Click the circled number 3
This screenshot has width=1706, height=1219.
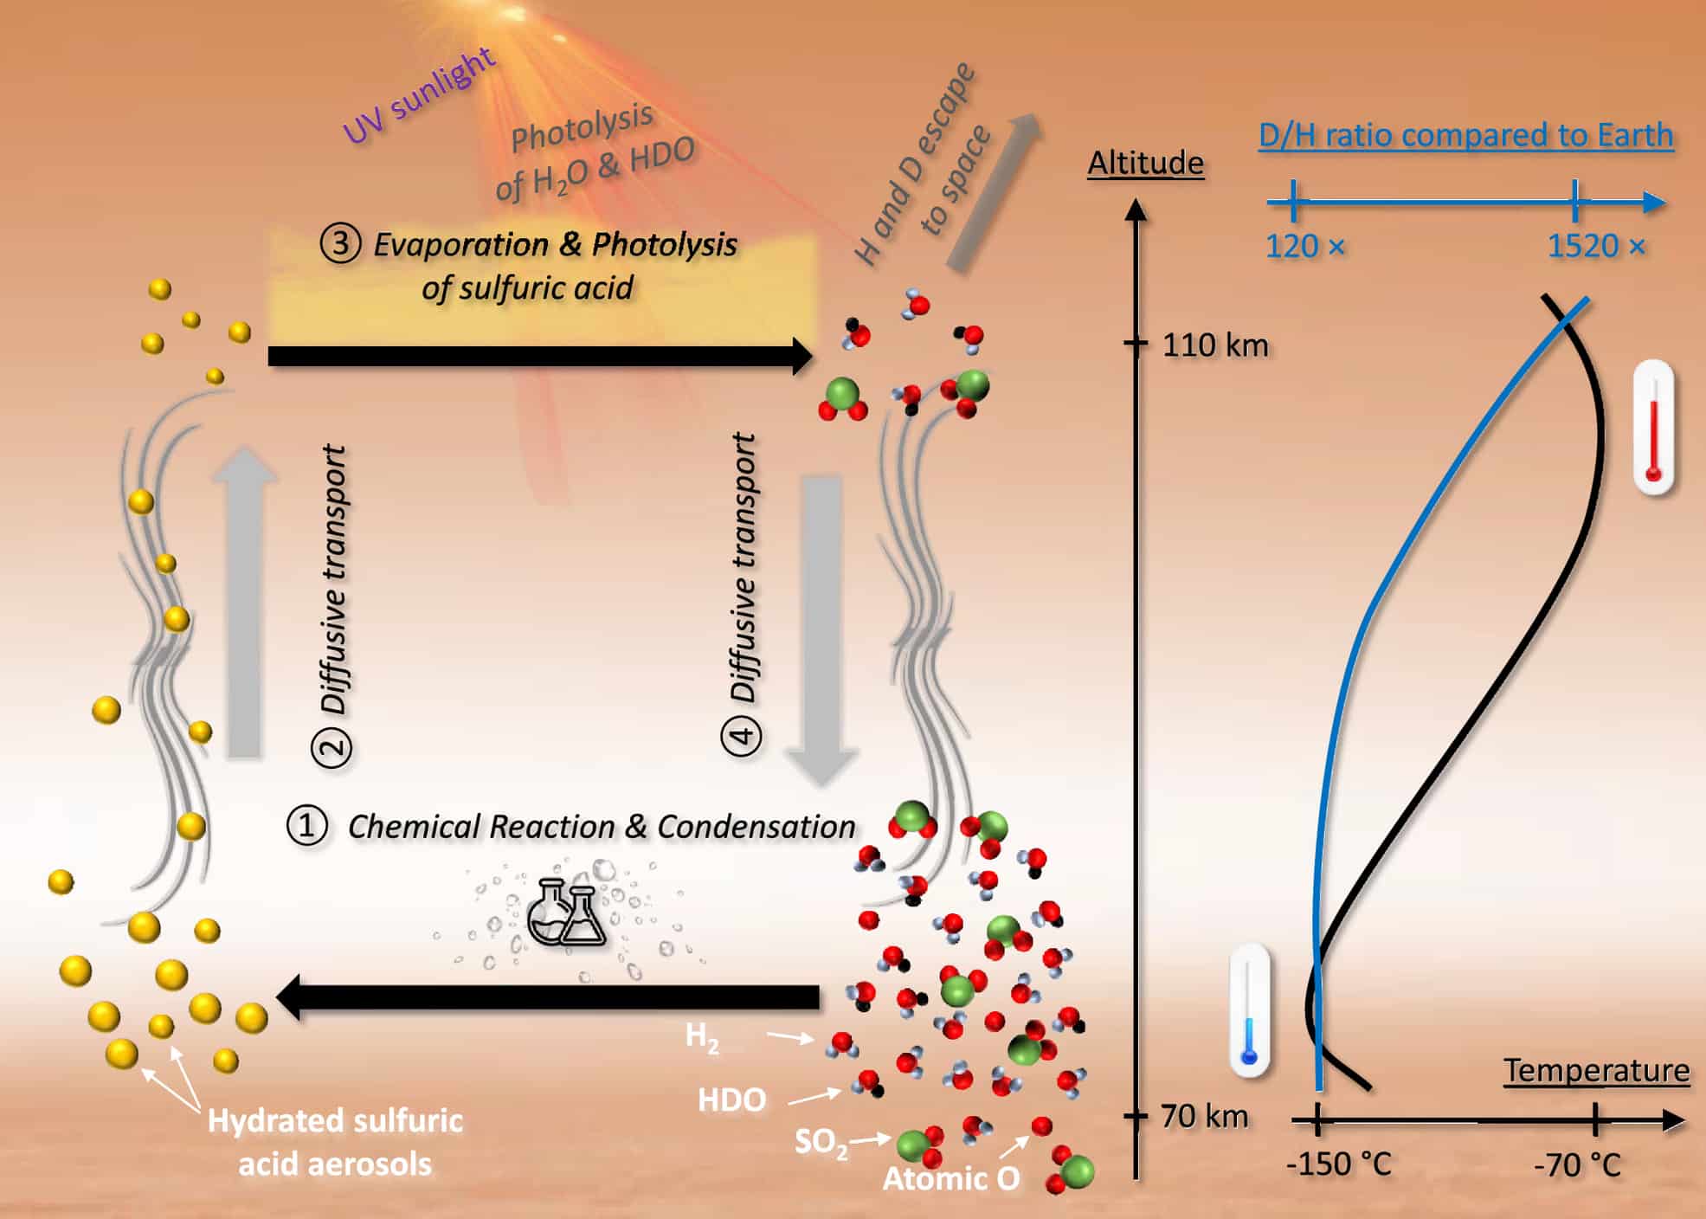[x=340, y=243]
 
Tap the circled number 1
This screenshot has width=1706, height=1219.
[x=306, y=825]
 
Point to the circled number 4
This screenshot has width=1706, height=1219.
[x=742, y=737]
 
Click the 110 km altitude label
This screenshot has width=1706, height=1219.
[x=1214, y=345]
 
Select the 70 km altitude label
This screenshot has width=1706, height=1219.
[x=1204, y=1116]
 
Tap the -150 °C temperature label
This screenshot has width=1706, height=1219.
[x=1338, y=1164]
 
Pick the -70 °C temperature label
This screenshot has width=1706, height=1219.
[x=1577, y=1164]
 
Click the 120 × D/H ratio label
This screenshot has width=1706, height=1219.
[x=1304, y=247]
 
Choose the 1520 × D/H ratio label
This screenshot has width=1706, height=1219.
[x=1595, y=247]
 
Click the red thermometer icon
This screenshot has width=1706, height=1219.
[x=1653, y=429]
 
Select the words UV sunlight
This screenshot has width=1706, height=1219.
[x=419, y=95]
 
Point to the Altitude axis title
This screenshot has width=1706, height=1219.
[x=1145, y=163]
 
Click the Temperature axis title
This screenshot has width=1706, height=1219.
[x=1596, y=1071]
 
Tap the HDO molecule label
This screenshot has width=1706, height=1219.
[x=731, y=1100]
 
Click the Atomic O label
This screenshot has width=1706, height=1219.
[x=950, y=1178]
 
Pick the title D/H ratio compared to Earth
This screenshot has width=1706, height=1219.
[x=1465, y=135]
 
